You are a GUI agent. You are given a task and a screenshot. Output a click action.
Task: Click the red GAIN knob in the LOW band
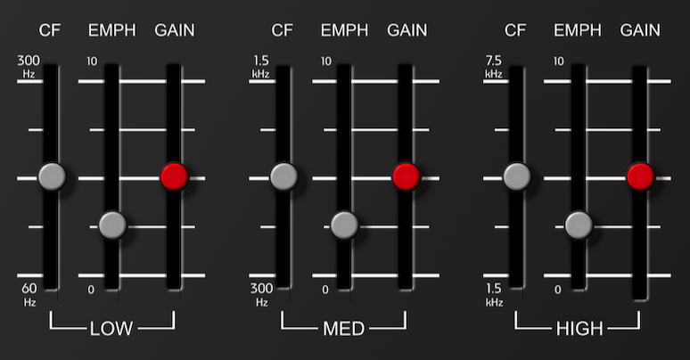[x=175, y=176]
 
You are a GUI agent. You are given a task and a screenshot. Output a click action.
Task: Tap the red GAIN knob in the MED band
[x=407, y=176]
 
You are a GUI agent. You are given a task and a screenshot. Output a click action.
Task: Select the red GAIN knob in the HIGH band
[x=640, y=176]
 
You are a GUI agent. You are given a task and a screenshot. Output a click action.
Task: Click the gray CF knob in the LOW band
[x=52, y=176]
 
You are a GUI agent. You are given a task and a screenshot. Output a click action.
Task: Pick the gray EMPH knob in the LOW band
[x=112, y=225]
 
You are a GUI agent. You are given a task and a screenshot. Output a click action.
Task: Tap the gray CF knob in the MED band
[x=283, y=176]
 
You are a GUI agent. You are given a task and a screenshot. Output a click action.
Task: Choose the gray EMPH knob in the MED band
[x=345, y=225]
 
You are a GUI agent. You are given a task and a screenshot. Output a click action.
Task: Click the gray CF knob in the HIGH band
[x=517, y=176]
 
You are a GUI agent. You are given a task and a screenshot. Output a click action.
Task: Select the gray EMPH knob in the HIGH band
[x=579, y=225]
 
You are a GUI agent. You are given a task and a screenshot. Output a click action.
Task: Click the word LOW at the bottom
[x=111, y=329]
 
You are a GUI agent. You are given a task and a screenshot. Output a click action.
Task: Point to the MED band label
[x=344, y=329]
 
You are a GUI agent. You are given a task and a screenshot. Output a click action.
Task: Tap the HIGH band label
[x=579, y=329]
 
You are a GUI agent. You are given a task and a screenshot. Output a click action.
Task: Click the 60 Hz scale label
[x=29, y=294]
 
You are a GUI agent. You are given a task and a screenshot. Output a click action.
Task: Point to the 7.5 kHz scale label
[x=494, y=67]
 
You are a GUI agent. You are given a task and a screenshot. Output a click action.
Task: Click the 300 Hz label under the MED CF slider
[x=262, y=294]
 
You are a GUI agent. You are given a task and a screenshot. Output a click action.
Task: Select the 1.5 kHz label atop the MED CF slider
[x=261, y=67]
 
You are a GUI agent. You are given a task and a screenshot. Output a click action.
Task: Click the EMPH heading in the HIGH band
[x=578, y=30]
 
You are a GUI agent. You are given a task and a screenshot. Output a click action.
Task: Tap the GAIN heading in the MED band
[x=407, y=30]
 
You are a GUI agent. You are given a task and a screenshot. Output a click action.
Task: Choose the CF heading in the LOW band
[x=49, y=30]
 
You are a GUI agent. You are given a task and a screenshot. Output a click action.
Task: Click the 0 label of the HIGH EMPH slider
[x=557, y=290]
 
